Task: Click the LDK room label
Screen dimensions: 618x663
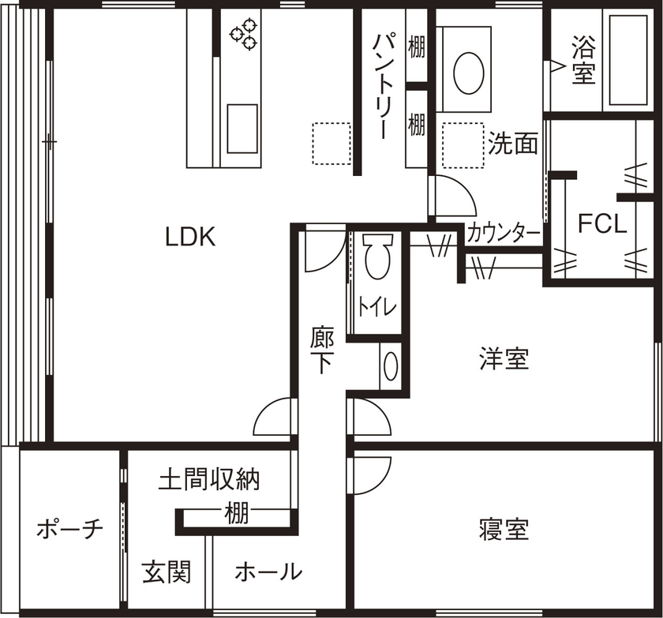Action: (x=190, y=237)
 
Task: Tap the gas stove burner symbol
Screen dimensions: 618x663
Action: (x=243, y=35)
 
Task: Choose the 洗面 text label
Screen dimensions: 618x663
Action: (x=513, y=143)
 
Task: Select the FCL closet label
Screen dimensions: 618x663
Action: (x=602, y=224)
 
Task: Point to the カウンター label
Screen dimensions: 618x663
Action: (x=504, y=234)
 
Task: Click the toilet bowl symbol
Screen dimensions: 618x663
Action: (x=376, y=257)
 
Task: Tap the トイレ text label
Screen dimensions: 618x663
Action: (x=377, y=307)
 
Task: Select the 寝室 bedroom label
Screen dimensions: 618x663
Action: (x=504, y=528)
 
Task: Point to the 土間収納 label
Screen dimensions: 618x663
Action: (x=209, y=479)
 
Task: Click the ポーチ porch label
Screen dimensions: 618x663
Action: (x=70, y=530)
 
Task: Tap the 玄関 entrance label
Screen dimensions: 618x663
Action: (x=167, y=571)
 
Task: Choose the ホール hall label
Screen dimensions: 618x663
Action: (x=268, y=571)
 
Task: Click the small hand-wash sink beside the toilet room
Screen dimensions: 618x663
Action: (x=391, y=366)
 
